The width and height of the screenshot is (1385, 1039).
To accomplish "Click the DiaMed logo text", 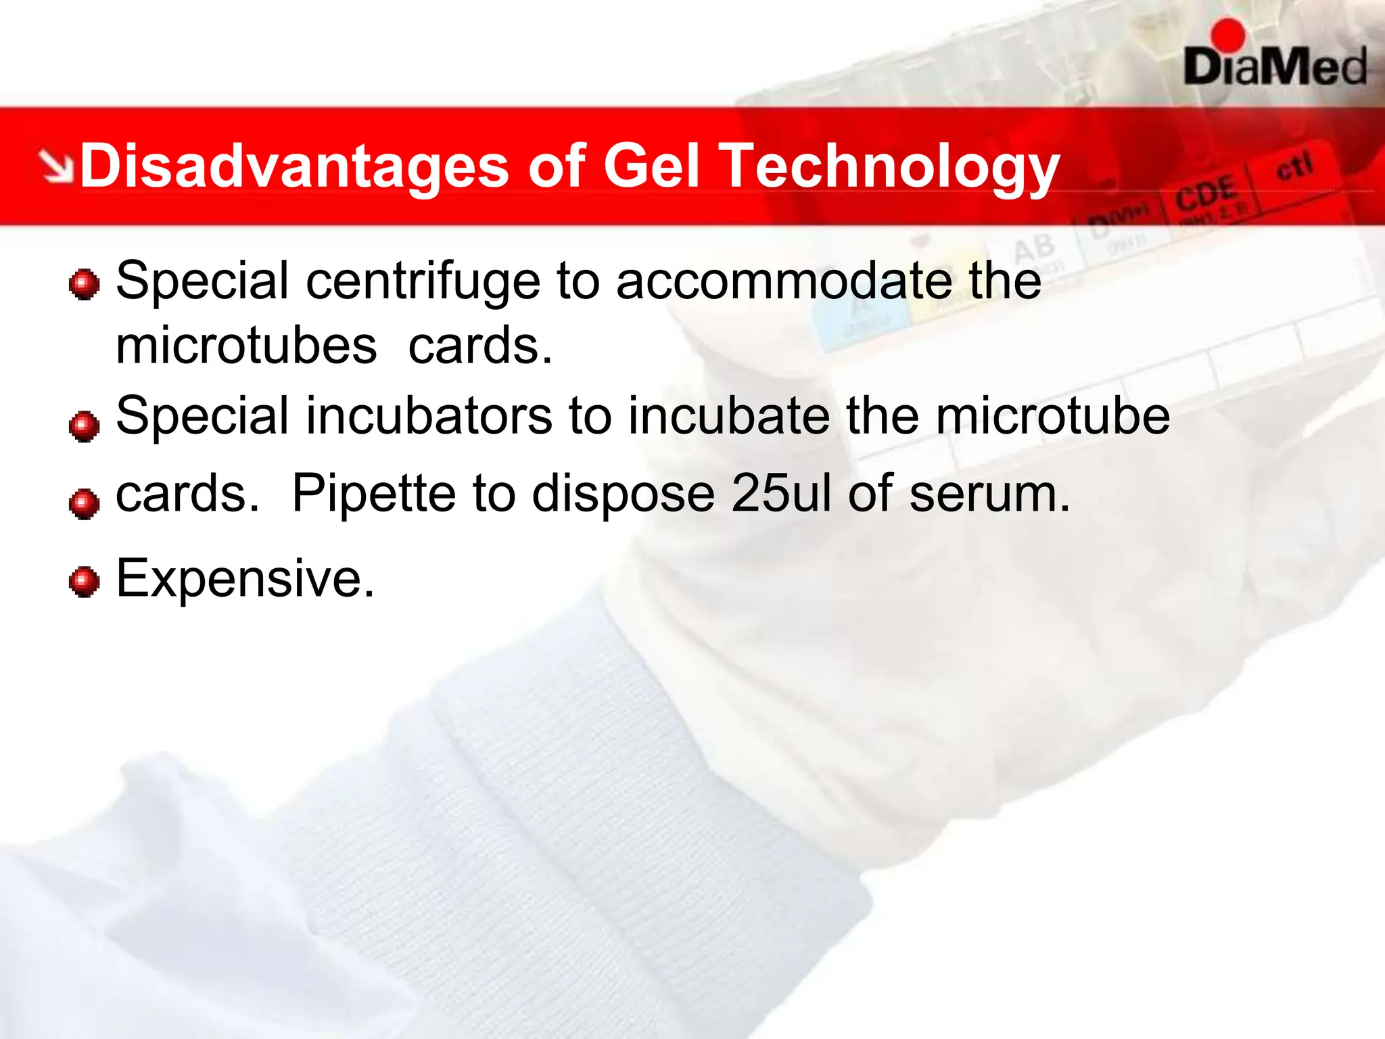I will tap(1275, 68).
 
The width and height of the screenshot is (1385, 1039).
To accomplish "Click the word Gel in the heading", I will tap(651, 166).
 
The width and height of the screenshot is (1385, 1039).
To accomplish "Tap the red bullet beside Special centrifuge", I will tap(85, 284).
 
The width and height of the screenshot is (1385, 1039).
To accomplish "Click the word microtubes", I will tap(246, 346).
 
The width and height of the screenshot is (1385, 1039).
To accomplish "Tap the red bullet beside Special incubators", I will tap(85, 426).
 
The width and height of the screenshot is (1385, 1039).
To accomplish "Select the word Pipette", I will tap(373, 494).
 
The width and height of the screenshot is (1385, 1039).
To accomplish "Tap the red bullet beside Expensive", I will tap(85, 582).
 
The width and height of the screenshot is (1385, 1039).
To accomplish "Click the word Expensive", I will tap(245, 579).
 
